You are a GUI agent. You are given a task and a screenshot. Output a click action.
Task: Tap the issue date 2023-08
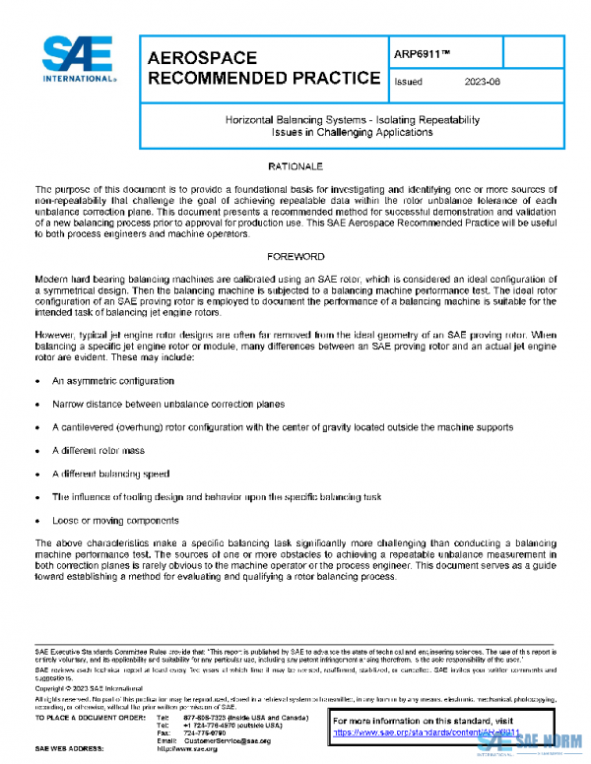pos(483,82)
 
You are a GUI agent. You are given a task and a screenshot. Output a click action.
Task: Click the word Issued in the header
pos(408,82)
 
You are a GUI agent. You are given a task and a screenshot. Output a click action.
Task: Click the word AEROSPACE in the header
pos(202,57)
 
